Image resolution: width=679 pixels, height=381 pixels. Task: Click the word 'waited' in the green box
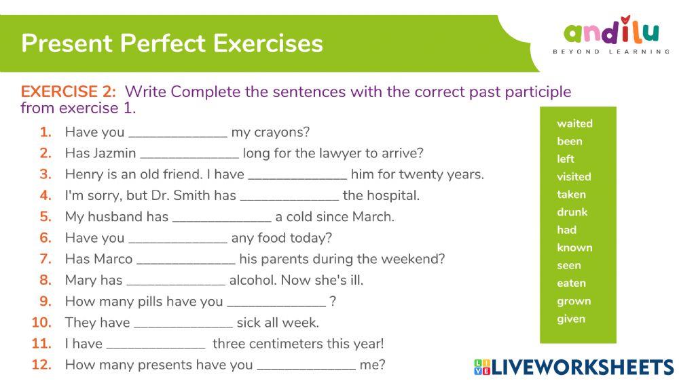(574, 123)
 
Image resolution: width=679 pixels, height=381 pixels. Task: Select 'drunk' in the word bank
(572, 212)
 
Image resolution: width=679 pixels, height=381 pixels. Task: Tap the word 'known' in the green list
(574, 247)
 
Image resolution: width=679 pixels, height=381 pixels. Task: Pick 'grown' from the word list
(574, 301)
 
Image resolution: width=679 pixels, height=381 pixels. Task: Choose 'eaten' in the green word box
(571, 283)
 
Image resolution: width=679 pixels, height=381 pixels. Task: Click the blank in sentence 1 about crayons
(178, 133)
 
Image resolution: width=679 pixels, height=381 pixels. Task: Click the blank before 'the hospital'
(289, 197)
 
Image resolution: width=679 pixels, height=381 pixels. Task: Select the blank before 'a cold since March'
(221, 218)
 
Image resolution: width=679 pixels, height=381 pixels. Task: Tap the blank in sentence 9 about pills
(276, 302)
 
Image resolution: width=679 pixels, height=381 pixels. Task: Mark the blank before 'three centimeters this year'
(155, 344)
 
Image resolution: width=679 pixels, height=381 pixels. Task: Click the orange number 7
(45, 259)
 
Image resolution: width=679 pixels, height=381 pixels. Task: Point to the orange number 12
(41, 365)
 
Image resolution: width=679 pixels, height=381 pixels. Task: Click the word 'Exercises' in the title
(268, 43)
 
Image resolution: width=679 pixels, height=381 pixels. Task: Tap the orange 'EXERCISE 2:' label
(69, 92)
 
